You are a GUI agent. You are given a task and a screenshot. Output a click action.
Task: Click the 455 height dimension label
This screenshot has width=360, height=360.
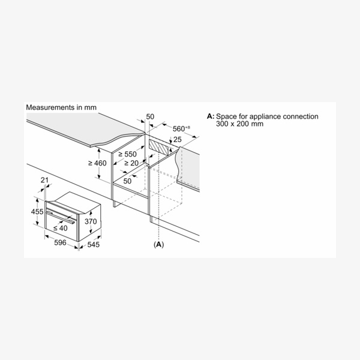click(37, 211)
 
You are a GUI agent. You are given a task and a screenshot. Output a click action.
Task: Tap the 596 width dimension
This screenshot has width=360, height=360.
click(60, 242)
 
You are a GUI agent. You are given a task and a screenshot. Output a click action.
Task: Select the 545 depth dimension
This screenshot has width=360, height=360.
click(94, 245)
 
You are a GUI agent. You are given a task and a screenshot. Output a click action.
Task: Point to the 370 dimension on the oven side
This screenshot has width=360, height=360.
click(91, 221)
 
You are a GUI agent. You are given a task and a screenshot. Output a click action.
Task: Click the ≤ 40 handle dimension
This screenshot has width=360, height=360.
click(61, 228)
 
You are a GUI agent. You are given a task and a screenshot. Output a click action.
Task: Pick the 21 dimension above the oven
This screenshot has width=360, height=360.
click(44, 180)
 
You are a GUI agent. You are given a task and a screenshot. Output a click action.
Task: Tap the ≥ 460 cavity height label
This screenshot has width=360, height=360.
click(97, 163)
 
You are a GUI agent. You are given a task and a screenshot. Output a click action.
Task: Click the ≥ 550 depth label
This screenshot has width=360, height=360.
click(127, 154)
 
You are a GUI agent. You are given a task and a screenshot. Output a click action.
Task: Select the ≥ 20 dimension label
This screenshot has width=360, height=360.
click(131, 163)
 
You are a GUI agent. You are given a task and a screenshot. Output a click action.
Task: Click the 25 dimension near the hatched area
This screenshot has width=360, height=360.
click(177, 139)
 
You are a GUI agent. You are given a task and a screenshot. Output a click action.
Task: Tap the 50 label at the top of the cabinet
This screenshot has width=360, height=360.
click(150, 116)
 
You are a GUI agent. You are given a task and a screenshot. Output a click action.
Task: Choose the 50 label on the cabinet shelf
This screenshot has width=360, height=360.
click(127, 181)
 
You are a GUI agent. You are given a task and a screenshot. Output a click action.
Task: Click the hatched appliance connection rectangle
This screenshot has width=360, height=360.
click(158, 148)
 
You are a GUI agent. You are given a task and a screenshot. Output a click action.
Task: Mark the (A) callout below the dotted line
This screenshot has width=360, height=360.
click(159, 244)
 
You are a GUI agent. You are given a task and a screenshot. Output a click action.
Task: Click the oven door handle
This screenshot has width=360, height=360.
click(61, 217)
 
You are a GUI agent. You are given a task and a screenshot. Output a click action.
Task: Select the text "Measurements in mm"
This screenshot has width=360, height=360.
click(61, 107)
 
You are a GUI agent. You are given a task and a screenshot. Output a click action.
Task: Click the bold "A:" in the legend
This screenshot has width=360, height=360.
click(211, 116)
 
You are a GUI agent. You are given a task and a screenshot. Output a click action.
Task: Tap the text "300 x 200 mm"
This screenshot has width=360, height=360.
click(239, 124)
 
